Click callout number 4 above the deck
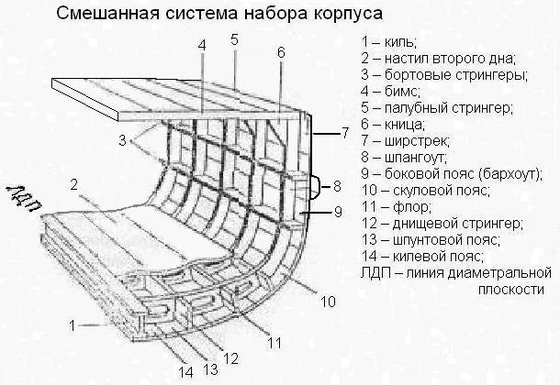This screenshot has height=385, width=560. click(201, 45)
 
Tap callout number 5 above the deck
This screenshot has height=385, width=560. click(235, 39)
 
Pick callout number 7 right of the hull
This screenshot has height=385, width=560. click(344, 134)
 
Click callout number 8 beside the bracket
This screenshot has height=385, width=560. click(337, 186)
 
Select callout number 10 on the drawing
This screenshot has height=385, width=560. click(327, 301)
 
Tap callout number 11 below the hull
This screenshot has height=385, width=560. click(274, 343)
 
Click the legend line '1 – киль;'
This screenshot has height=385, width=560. click(389, 41)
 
